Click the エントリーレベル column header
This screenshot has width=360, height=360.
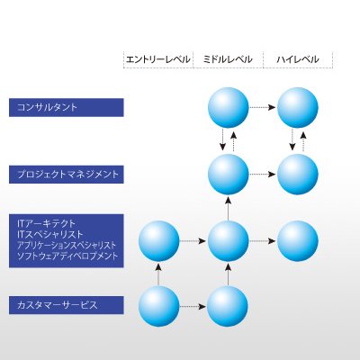coord(158,59)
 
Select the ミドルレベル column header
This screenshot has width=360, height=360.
coord(228,59)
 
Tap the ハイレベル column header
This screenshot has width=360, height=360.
coord(297,59)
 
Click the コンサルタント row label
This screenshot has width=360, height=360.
coord(47,107)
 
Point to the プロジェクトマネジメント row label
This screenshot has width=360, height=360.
coord(68,174)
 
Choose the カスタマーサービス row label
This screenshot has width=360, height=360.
coord(58,305)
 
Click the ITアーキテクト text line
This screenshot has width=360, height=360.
coord(47,223)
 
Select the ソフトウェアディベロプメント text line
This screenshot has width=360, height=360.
coord(67,256)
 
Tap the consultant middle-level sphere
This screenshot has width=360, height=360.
coord(229,107)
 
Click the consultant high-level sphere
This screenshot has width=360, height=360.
coord(297,107)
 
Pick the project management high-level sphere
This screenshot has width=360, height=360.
coord(297,175)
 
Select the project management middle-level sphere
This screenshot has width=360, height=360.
coord(229,175)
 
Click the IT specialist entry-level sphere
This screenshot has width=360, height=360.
coord(159,241)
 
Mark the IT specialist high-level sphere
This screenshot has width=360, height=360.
coord(297,241)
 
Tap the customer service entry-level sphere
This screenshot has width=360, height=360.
coord(159,306)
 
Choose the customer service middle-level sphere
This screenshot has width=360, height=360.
coord(228,306)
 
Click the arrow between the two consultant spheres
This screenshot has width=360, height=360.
coord(263,107)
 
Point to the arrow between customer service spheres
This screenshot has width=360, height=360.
coord(193,306)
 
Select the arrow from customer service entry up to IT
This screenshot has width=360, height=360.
coord(158,274)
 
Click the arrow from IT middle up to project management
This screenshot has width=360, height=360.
coord(228,208)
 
